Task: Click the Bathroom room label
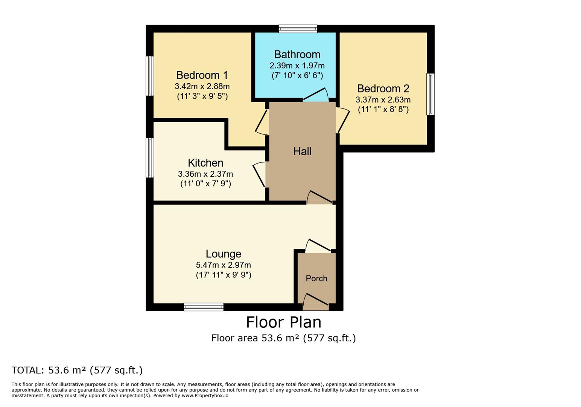297,55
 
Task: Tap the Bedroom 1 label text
202,75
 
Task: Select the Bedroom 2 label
383,89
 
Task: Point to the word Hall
302,151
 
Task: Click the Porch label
316,278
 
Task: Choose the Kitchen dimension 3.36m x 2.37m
205,174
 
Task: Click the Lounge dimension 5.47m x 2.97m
223,265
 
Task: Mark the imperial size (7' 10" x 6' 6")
297,75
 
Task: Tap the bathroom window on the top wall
298,29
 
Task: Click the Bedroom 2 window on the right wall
430,94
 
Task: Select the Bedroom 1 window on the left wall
150,76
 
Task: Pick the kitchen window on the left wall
150,158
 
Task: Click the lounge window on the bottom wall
204,307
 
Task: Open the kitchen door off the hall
260,174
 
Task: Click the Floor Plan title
283,323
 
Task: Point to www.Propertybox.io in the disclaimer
205,396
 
